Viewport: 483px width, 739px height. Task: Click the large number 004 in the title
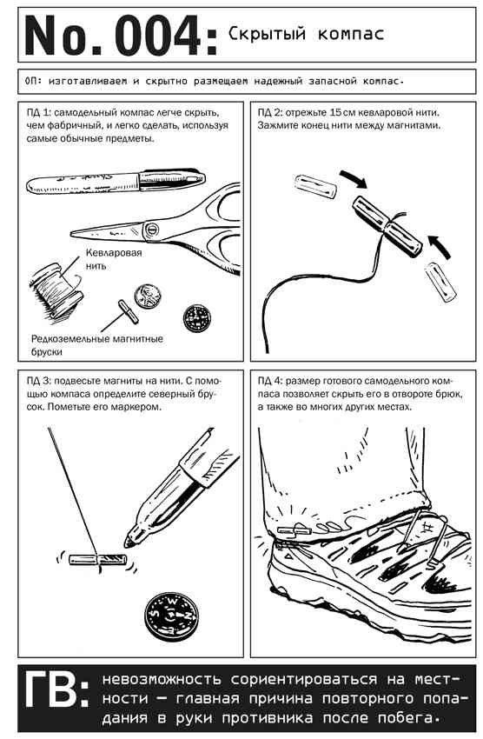click(x=158, y=37)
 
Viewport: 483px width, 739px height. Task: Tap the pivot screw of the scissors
click(x=151, y=230)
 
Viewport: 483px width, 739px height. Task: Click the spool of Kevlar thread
click(x=56, y=291)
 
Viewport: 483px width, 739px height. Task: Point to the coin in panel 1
click(x=148, y=296)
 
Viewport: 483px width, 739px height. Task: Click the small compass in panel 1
click(x=196, y=317)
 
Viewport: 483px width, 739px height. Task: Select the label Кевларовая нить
click(x=114, y=259)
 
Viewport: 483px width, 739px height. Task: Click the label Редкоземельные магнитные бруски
click(x=97, y=345)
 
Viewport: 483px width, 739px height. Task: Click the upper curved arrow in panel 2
click(x=355, y=179)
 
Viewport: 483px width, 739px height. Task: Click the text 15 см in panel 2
click(x=342, y=113)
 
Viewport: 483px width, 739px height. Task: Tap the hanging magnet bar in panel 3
click(x=98, y=560)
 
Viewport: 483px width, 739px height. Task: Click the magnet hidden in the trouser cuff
click(x=294, y=530)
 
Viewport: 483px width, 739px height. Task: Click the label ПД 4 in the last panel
click(x=270, y=381)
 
